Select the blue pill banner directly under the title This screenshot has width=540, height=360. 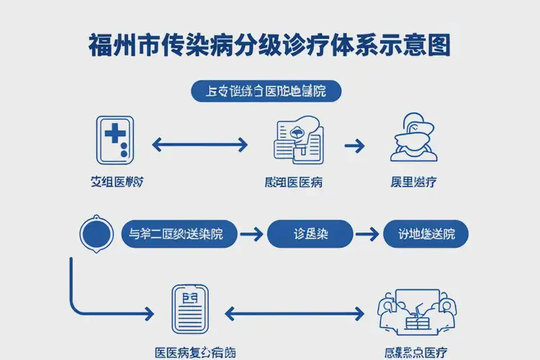click(266, 91)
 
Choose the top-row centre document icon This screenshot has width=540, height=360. click(298, 139)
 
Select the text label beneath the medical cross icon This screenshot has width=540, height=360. click(115, 182)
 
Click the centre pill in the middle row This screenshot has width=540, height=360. click(310, 234)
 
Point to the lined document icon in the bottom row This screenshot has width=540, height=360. click(190, 309)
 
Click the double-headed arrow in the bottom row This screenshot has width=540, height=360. click(294, 313)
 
